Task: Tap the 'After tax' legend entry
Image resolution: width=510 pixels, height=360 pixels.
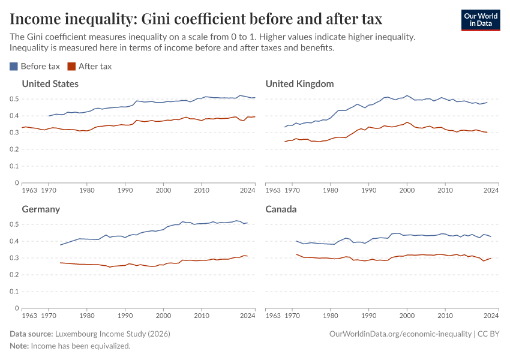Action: [90, 67]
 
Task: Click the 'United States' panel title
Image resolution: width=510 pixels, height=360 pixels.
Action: [50, 84]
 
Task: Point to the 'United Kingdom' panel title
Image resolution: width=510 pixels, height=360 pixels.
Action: [299, 84]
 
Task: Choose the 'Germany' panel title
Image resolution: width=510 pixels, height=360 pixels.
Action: [41, 209]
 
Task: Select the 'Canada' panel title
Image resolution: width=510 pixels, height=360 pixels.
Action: [281, 209]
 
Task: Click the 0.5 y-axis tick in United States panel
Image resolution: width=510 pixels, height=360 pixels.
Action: [14, 99]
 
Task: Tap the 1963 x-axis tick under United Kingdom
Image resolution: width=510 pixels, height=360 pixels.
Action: [273, 190]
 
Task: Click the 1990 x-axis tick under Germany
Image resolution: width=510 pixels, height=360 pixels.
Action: [125, 316]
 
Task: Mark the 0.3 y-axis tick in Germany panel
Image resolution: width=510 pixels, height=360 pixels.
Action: [14, 258]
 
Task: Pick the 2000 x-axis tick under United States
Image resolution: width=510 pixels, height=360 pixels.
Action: [163, 190]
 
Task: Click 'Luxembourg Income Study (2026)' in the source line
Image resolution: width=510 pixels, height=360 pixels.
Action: [114, 334]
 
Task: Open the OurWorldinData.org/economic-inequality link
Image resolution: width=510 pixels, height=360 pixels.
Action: [400, 334]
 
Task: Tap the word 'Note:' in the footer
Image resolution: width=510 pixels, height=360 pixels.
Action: [19, 346]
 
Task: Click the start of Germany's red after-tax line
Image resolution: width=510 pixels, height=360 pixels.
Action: [60, 263]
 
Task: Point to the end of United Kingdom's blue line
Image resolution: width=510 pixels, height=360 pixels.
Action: [487, 103]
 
